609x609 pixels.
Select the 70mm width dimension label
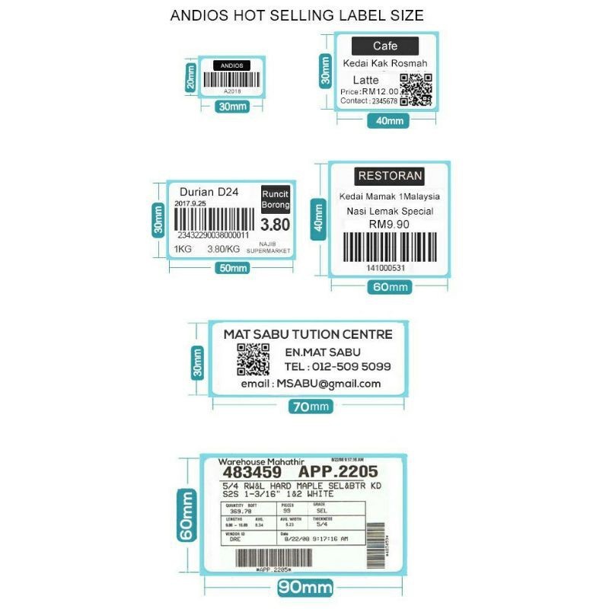(310, 407)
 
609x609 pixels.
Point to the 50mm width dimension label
(234, 268)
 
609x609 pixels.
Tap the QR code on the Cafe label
(416, 90)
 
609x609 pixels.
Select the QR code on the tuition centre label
(253, 359)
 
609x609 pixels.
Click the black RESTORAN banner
(390, 176)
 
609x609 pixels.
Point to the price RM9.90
(389, 224)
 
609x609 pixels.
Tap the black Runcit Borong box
(276, 199)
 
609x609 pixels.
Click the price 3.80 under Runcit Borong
(275, 225)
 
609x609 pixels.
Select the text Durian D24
(209, 192)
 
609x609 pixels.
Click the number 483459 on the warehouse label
(250, 472)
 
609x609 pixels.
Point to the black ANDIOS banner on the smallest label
(231, 66)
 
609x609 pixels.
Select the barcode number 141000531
(385, 268)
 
